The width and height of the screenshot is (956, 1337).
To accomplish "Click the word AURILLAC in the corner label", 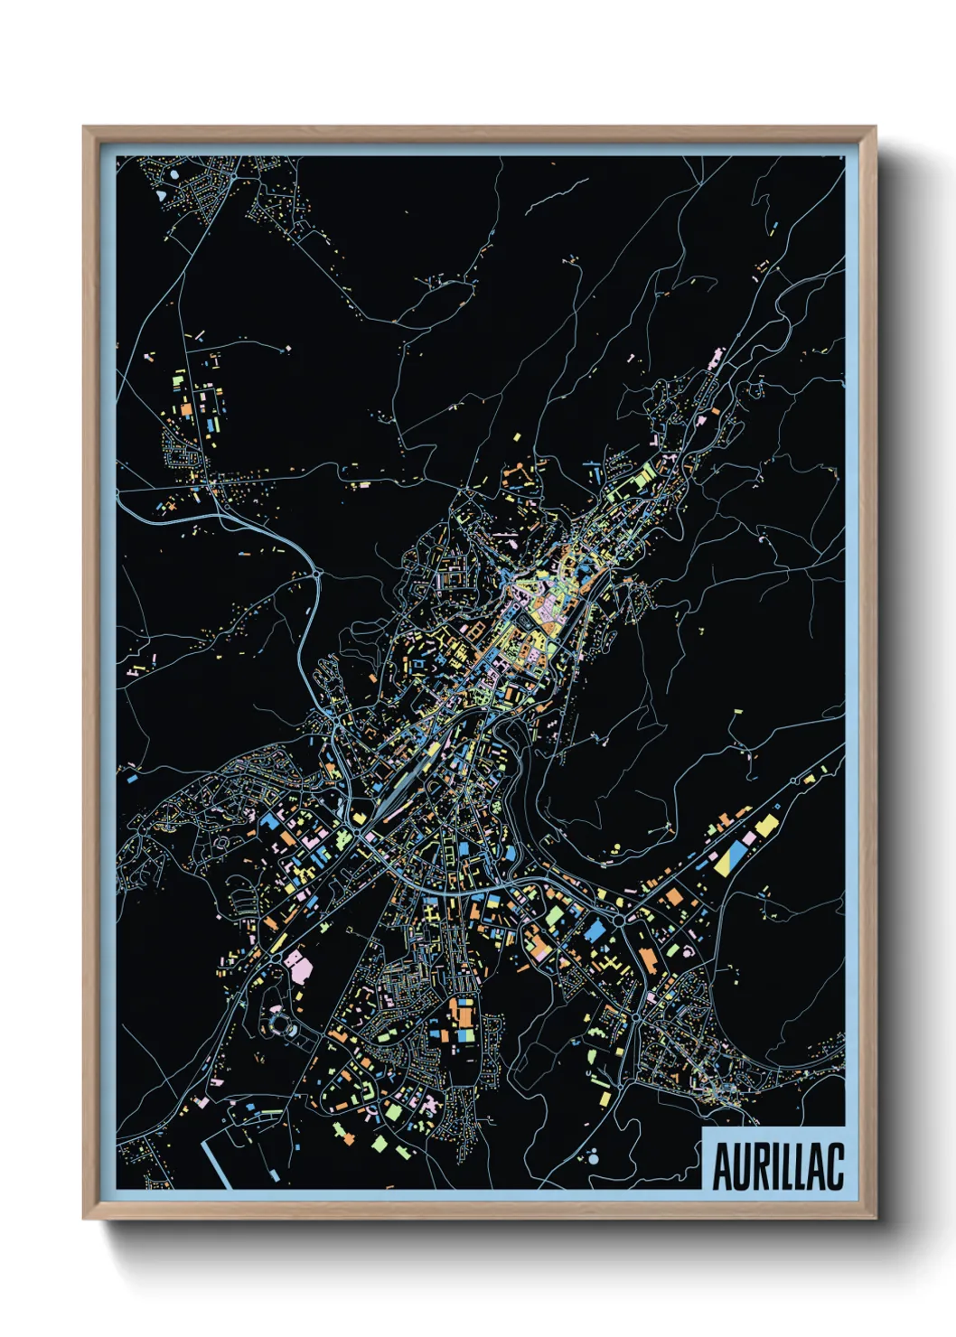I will tap(777, 1166).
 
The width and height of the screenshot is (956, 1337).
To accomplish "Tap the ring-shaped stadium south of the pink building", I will tap(279, 1024).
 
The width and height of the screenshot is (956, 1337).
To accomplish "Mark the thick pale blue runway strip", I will tap(216, 1162).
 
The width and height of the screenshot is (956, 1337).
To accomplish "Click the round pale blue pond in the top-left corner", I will tap(174, 172).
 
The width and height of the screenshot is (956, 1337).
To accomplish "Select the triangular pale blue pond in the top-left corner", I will tap(161, 193).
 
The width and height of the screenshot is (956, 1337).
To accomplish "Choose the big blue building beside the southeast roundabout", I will tap(595, 930).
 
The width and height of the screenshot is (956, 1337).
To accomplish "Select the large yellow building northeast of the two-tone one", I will tap(766, 825).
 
